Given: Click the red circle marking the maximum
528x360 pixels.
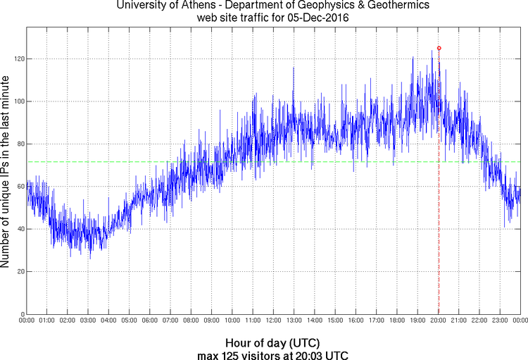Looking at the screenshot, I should tap(439, 48).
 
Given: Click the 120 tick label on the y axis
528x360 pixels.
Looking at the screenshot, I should tap(17, 58).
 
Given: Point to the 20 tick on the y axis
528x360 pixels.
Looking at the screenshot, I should tap(19, 271).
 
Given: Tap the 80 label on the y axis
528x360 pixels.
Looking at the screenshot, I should tap(19, 144).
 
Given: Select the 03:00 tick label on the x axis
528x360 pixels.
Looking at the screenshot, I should tap(89, 321).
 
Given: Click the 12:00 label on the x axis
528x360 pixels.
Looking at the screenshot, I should tap(273, 321).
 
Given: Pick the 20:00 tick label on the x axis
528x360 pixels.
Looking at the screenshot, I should tap(438, 321).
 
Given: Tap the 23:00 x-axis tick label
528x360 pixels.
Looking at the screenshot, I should tap(500, 321).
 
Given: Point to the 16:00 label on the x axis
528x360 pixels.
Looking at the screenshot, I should tap(356, 321).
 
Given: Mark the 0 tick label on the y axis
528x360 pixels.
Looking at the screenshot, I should tap(21, 314).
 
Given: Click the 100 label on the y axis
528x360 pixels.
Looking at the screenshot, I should tap(17, 101).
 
